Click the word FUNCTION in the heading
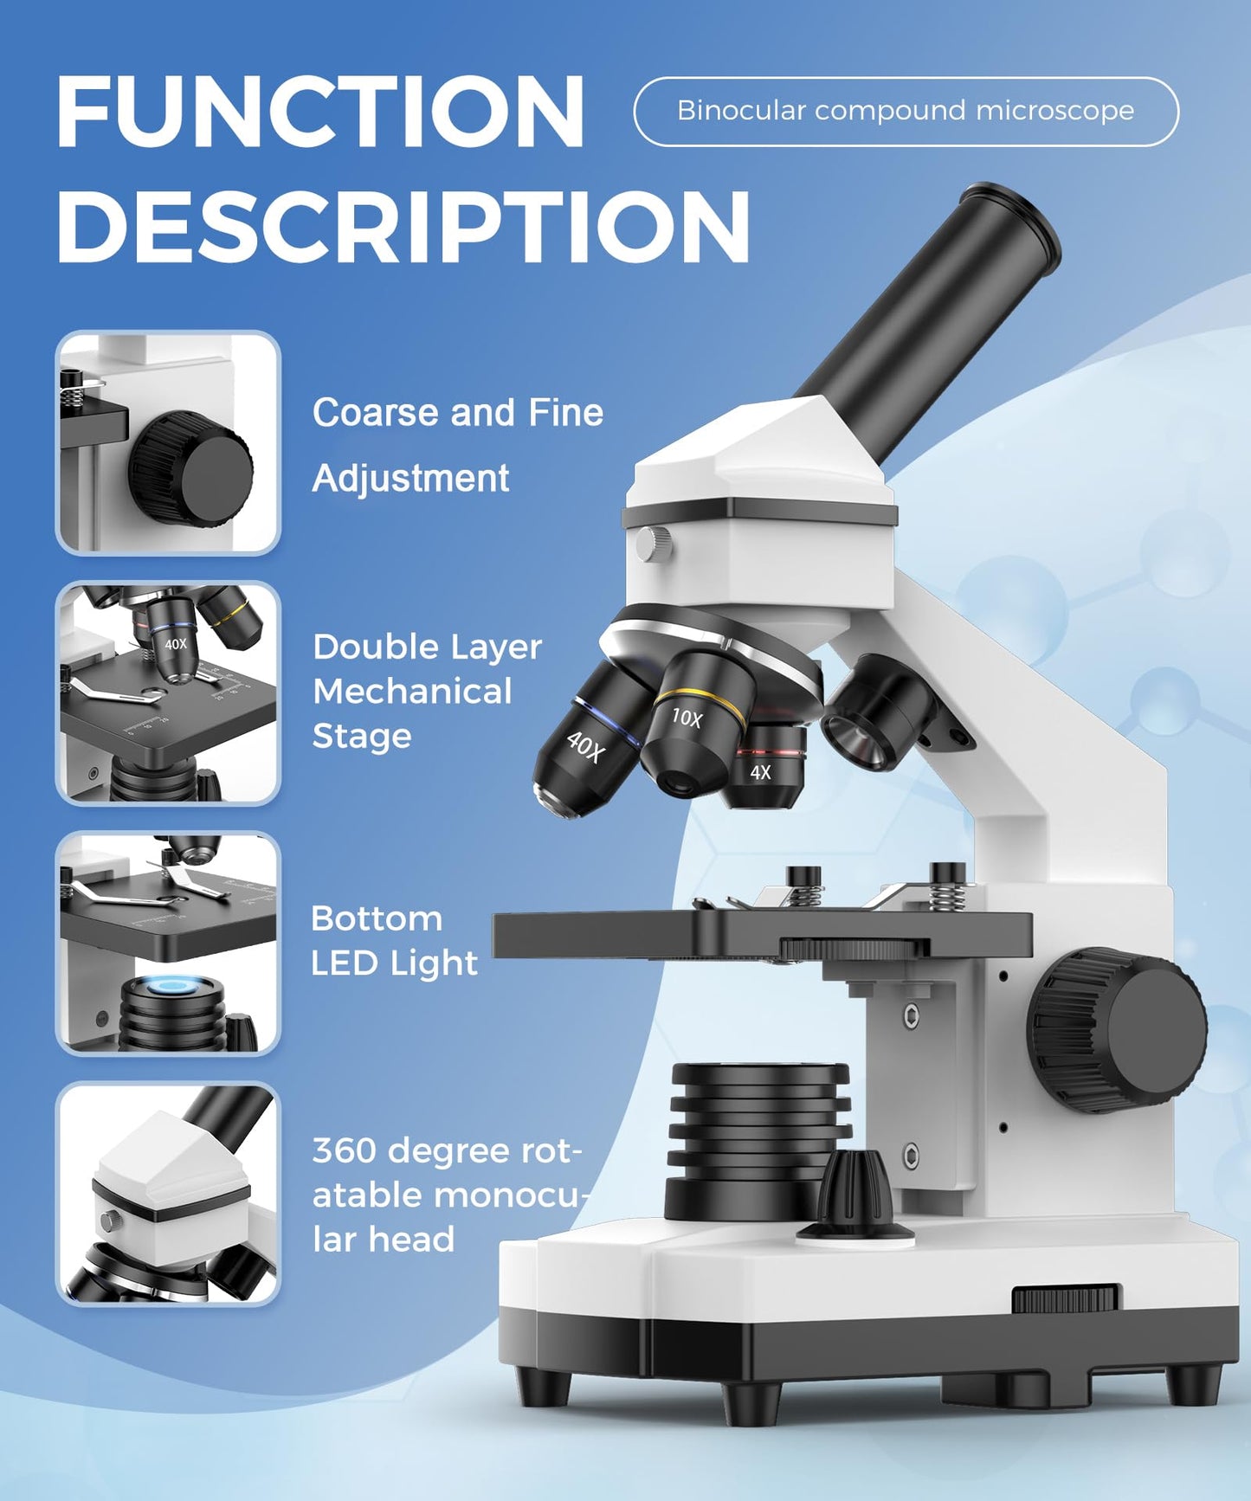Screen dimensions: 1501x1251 click(320, 113)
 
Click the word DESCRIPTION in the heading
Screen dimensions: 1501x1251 click(403, 227)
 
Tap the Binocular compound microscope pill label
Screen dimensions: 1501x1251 click(906, 111)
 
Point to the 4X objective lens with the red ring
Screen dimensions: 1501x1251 click(765, 766)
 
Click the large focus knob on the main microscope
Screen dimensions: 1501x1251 click(1117, 1029)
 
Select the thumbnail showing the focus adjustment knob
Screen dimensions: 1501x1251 click(168, 442)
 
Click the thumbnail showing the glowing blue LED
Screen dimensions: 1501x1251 click(168, 943)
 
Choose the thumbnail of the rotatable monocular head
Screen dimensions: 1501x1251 click(168, 1194)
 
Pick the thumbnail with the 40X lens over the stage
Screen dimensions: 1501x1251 click(168, 693)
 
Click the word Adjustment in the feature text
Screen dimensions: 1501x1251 click(410, 479)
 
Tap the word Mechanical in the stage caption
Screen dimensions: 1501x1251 click(412, 692)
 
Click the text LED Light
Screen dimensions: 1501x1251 click(394, 963)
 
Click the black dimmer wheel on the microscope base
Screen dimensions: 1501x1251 click(1066, 1298)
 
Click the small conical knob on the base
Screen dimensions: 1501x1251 click(854, 1195)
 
